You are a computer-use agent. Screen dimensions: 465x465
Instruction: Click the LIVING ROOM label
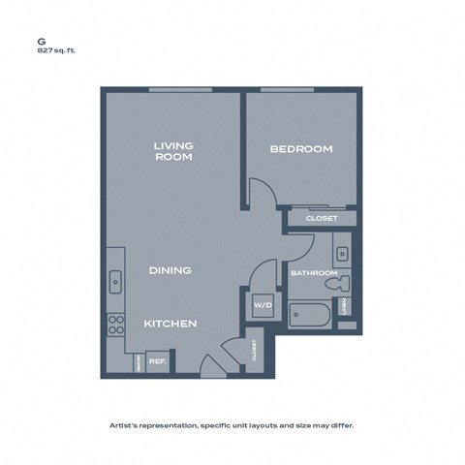point(173,151)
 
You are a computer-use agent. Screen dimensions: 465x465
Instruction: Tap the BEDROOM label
point(300,149)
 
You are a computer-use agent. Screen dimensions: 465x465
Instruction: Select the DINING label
point(170,270)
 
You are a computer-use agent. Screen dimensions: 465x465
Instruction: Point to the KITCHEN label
point(171,323)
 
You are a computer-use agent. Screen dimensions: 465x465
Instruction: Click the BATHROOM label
point(314,274)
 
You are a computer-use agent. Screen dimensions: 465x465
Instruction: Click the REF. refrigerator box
point(158,362)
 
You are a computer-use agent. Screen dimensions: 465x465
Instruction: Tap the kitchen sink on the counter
point(115,282)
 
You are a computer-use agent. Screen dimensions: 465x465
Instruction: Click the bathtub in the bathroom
point(310,316)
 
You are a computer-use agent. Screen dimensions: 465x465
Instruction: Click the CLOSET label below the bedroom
point(322,219)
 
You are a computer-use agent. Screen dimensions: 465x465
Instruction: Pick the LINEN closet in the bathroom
point(344,307)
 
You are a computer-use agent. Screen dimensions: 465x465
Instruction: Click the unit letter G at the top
point(42,42)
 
